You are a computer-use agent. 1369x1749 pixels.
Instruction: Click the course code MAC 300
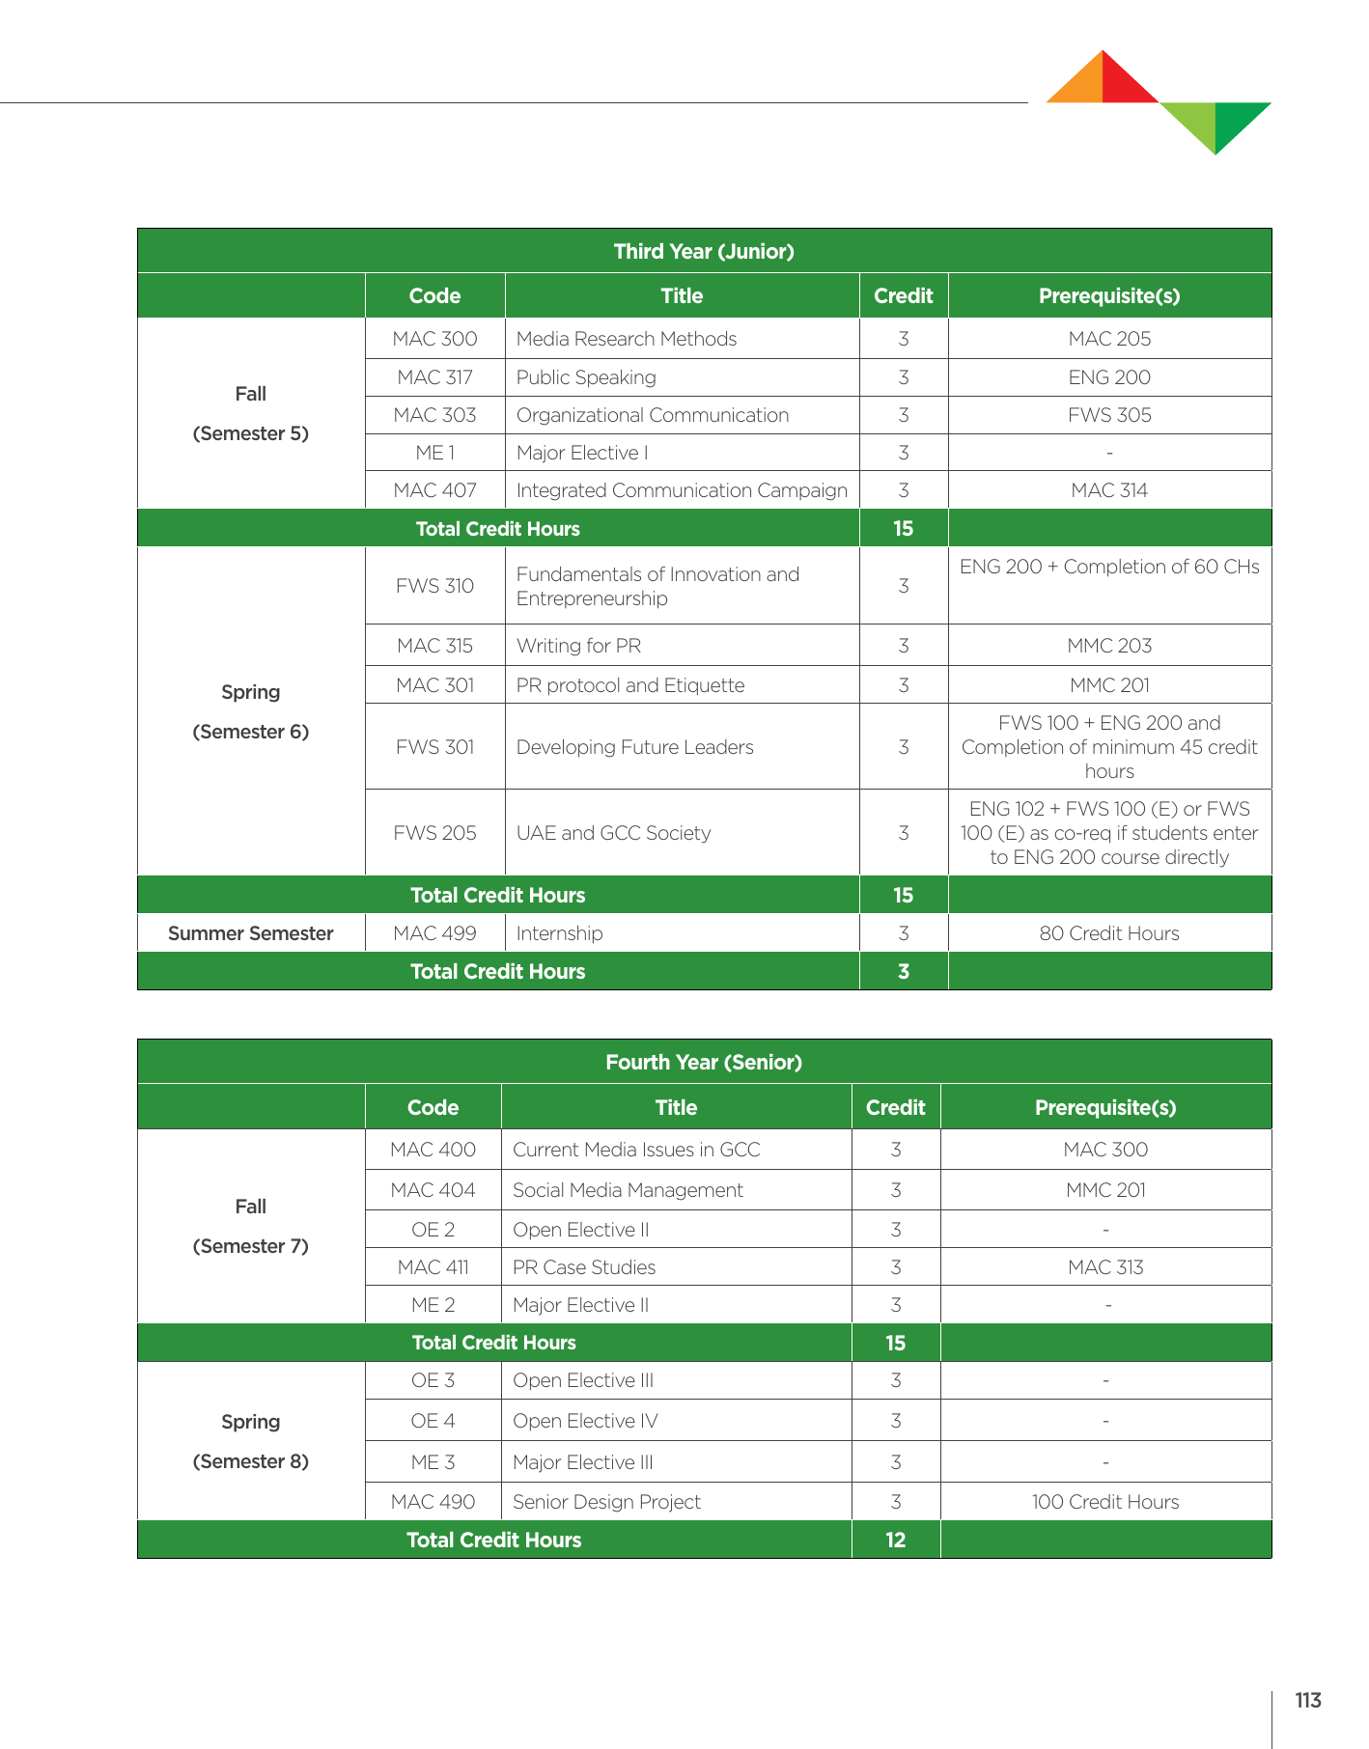(x=434, y=339)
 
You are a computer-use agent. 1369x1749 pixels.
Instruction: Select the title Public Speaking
(x=586, y=377)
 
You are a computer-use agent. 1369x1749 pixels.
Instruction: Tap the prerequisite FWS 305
(x=1109, y=415)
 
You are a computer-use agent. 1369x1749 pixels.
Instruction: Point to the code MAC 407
(x=434, y=490)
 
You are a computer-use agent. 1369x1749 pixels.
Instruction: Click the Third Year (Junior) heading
(x=704, y=251)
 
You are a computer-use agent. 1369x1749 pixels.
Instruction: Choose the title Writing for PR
(x=578, y=646)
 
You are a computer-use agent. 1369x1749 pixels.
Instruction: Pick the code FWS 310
(x=434, y=586)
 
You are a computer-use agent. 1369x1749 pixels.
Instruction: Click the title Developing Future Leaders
(x=634, y=747)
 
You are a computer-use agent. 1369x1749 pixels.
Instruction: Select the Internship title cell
(x=559, y=933)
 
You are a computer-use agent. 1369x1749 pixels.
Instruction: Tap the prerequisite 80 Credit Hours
(x=1109, y=933)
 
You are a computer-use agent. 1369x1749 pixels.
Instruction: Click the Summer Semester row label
(x=250, y=933)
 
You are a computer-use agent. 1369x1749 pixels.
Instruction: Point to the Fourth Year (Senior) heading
(x=704, y=1062)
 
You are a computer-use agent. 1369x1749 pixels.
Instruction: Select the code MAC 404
(x=433, y=1190)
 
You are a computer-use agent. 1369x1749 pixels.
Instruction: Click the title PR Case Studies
(x=584, y=1267)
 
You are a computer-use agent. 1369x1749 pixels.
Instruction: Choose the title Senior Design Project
(x=606, y=1502)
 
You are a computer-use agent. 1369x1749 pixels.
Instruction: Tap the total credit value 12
(x=895, y=1540)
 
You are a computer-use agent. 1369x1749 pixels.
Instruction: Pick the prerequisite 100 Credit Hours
(x=1105, y=1502)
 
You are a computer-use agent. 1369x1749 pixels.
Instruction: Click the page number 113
(x=1308, y=1701)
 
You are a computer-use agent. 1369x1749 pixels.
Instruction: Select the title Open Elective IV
(x=585, y=1421)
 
